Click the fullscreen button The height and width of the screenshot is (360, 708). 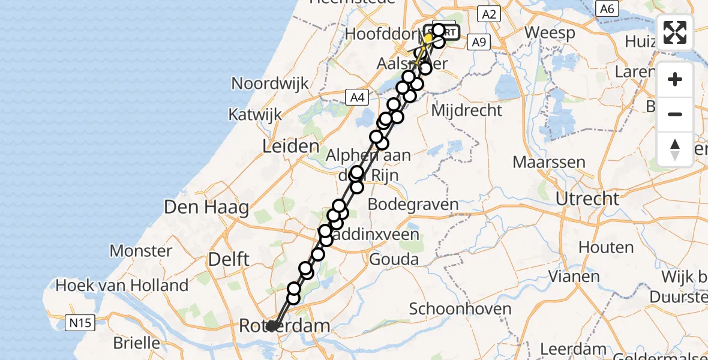(x=675, y=32)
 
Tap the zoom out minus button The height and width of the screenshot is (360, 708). (x=675, y=114)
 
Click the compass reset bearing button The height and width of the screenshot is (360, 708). (x=675, y=149)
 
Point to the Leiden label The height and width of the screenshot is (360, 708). (x=291, y=146)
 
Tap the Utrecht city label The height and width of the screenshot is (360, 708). (x=587, y=199)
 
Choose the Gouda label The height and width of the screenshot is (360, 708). (x=394, y=259)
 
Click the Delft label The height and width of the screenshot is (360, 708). (x=228, y=259)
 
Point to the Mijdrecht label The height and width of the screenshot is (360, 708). (x=466, y=110)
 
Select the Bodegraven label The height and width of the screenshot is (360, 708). (x=413, y=205)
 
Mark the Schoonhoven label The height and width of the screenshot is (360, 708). (x=460, y=310)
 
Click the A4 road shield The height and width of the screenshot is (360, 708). (x=356, y=97)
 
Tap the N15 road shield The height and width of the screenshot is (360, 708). (x=79, y=324)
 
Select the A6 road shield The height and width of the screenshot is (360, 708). (x=607, y=8)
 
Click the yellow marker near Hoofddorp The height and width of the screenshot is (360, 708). (x=428, y=39)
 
